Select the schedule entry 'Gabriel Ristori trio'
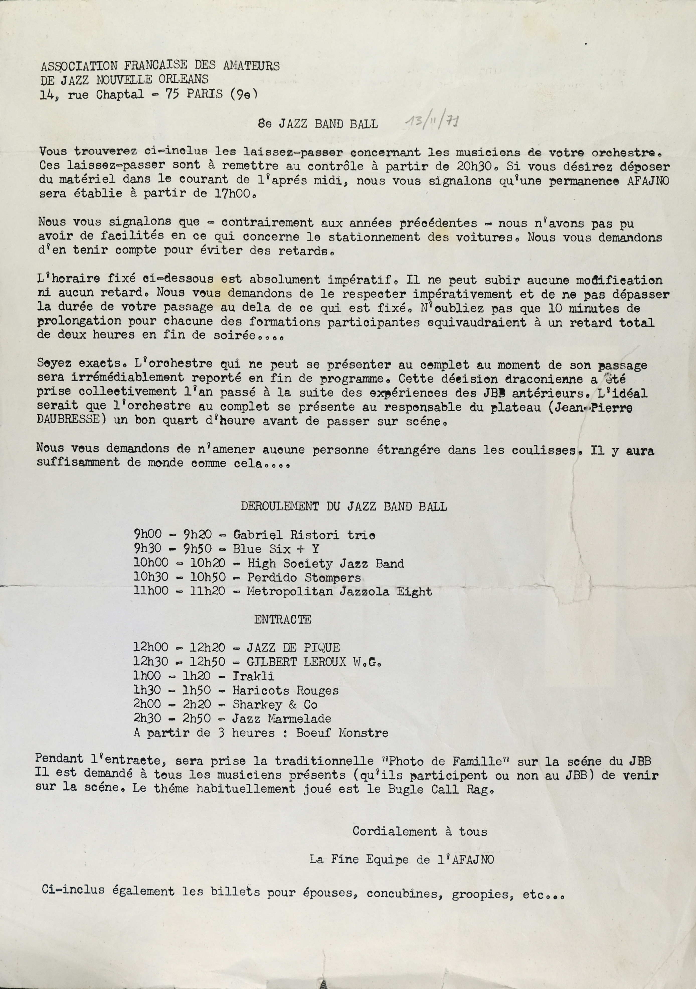pos(304,535)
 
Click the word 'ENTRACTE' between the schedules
pos(283,620)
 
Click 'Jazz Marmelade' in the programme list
pos(282,718)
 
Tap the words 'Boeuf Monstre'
pos(342,733)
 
